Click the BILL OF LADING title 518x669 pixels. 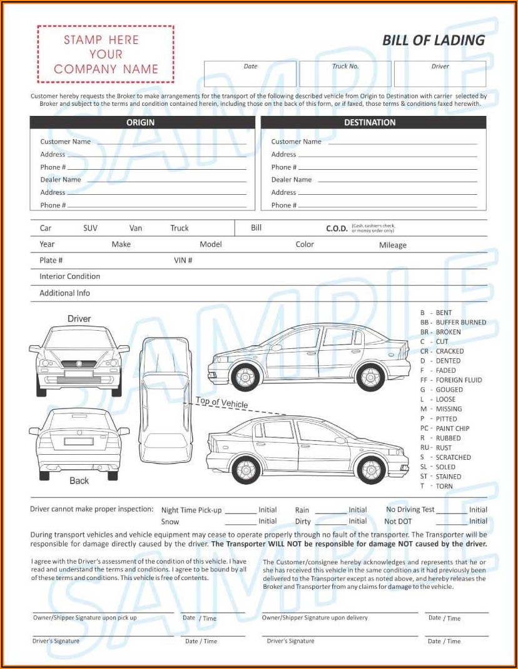[x=434, y=41]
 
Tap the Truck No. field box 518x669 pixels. [x=345, y=74]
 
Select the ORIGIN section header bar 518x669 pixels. [x=142, y=123]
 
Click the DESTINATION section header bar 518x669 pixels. [x=373, y=123]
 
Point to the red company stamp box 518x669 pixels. [x=105, y=54]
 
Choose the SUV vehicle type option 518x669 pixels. [x=90, y=229]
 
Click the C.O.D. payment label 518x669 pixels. [x=337, y=229]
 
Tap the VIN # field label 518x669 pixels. [x=183, y=261]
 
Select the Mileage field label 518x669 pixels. [x=392, y=246]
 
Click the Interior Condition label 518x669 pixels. [x=69, y=277]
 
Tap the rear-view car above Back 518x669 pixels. [x=79, y=442]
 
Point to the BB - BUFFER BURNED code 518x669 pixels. [x=453, y=323]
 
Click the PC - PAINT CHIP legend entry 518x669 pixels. [x=444, y=428]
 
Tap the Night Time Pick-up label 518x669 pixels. [x=191, y=511]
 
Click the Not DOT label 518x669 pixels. [x=398, y=521]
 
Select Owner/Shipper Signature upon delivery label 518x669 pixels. [x=315, y=618]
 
